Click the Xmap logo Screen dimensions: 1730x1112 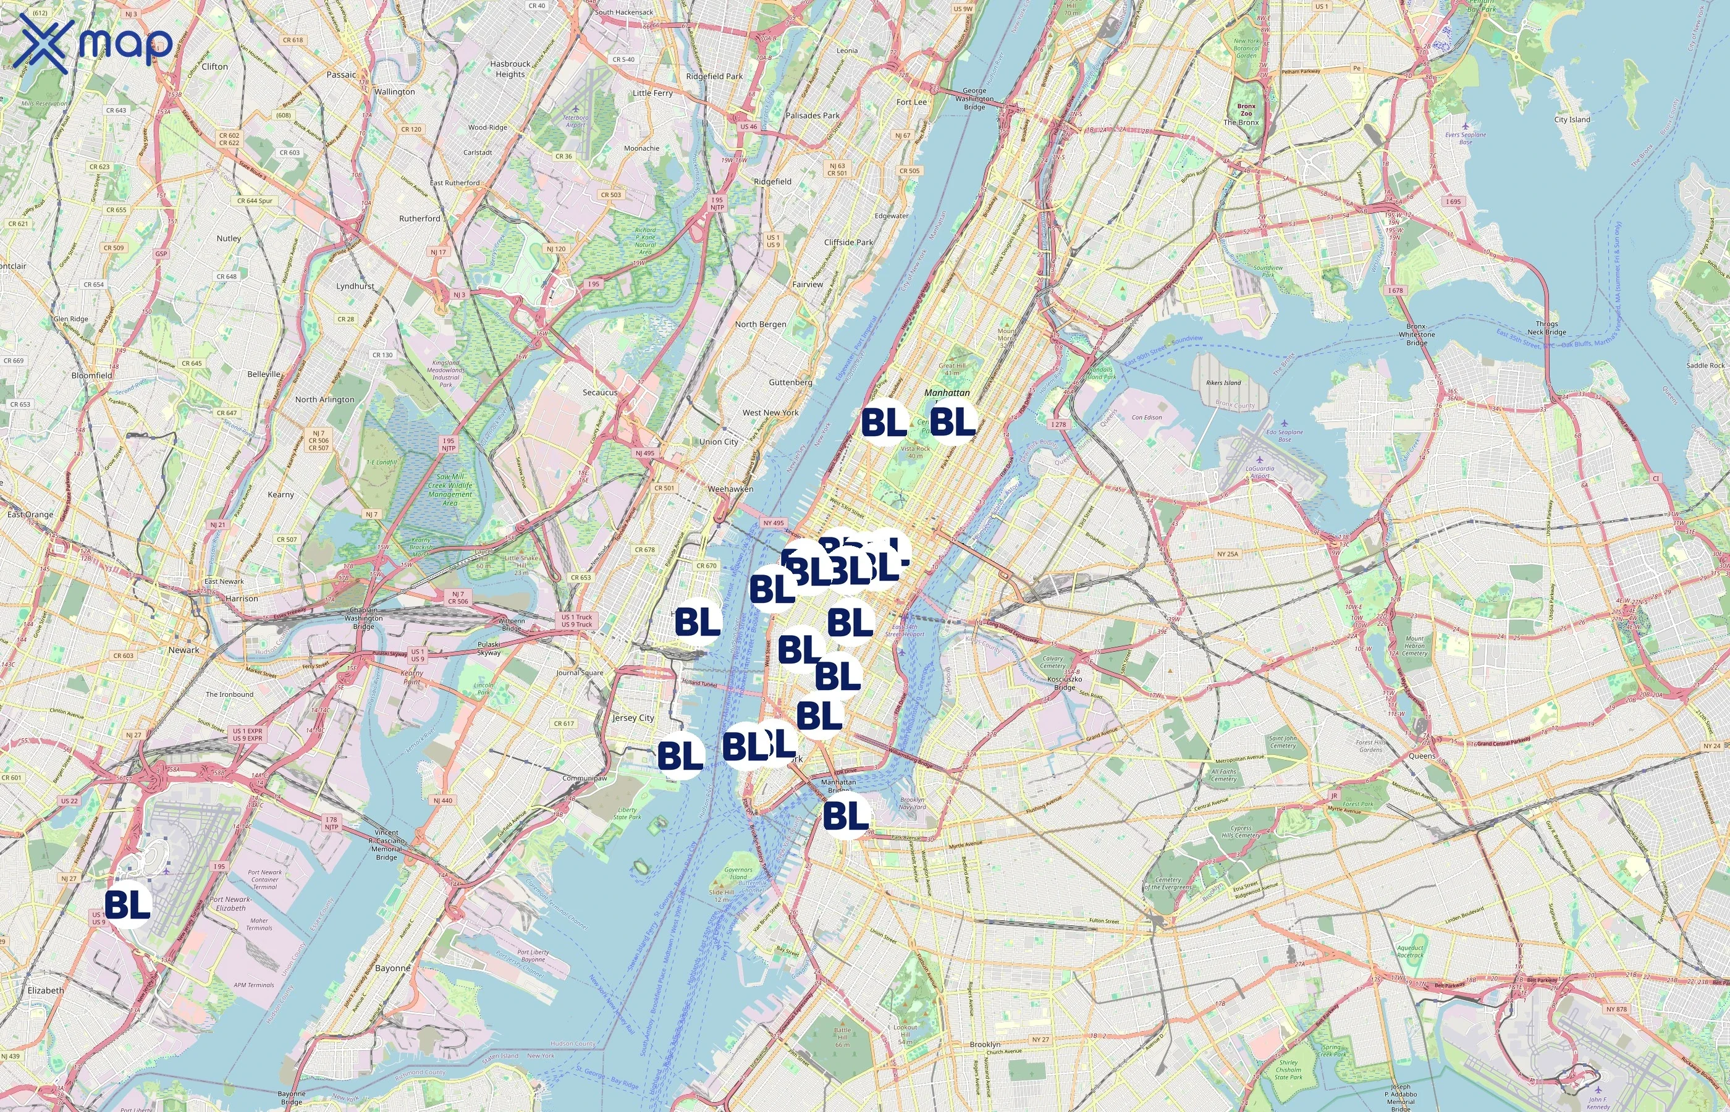pyautogui.click(x=95, y=43)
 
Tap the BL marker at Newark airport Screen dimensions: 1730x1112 pyautogui.click(x=128, y=903)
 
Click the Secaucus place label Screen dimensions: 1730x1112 pyautogui.click(x=600, y=392)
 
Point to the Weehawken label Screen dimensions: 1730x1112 pyautogui.click(x=730, y=489)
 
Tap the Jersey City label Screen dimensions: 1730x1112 pyautogui.click(x=633, y=718)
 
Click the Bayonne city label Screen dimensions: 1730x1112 pyautogui.click(x=393, y=967)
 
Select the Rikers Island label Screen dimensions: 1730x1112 pyautogui.click(x=1223, y=382)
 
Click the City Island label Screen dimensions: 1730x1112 pyautogui.click(x=1572, y=119)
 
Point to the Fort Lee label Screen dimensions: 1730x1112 pyautogui.click(x=911, y=102)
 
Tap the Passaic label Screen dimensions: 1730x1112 pyautogui.click(x=341, y=74)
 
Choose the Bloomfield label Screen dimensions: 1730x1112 pyautogui.click(x=91, y=376)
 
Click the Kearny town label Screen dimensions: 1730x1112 pyautogui.click(x=281, y=495)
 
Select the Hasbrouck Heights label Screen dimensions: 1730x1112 pyautogui.click(x=510, y=69)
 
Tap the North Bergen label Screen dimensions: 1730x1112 pyautogui.click(x=761, y=324)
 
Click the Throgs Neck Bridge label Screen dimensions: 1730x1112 pyautogui.click(x=1546, y=328)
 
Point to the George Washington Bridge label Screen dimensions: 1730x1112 pyautogui.click(x=974, y=99)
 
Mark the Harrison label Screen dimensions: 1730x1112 pyautogui.click(x=241, y=599)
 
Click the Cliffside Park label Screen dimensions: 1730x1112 pyautogui.click(x=848, y=242)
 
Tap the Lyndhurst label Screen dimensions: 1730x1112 pyautogui.click(x=355, y=286)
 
